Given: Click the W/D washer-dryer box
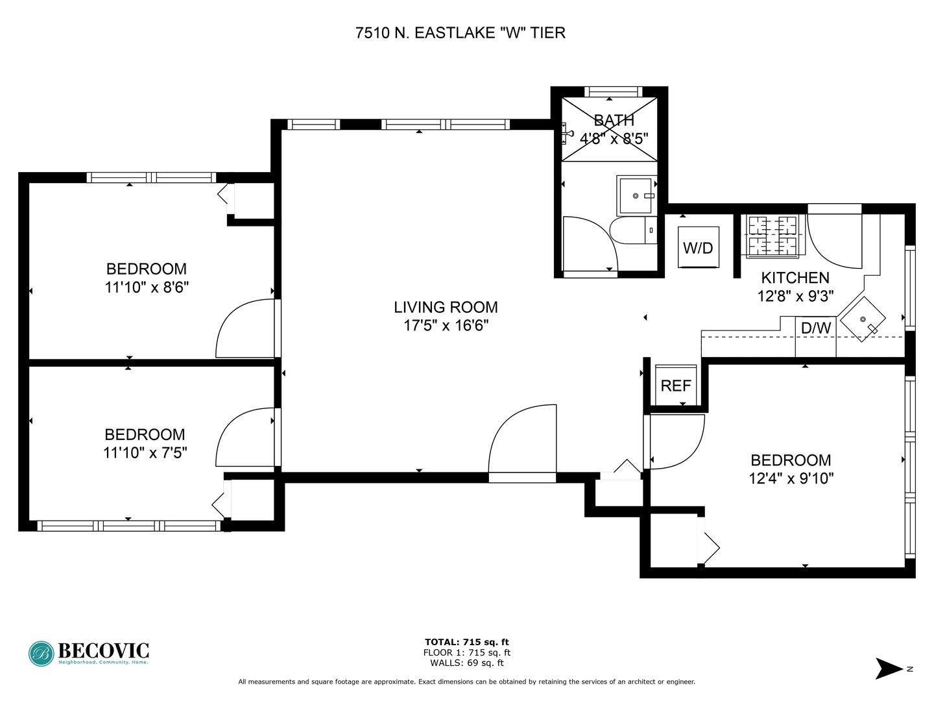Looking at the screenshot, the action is tap(698, 247).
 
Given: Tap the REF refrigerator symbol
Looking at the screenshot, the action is tap(675, 385).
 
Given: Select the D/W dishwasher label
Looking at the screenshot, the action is tap(816, 328).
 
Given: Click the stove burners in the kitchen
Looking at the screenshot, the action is tap(772, 236).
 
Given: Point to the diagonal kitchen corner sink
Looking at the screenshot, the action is tap(863, 319).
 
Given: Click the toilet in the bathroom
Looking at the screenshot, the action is tap(633, 230).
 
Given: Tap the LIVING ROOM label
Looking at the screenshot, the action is tap(446, 307).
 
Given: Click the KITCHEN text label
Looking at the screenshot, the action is tap(795, 278).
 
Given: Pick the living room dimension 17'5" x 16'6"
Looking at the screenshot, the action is tap(446, 326).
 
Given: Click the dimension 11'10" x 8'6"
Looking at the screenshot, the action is tap(147, 288).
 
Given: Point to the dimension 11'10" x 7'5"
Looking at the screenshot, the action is tap(145, 452).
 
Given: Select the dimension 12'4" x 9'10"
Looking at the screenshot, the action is tap(791, 478).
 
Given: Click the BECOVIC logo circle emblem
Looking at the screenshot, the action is tap(42, 654).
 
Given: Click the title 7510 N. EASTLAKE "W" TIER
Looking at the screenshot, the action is tap(461, 32).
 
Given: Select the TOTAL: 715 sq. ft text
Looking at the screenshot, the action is tap(467, 642).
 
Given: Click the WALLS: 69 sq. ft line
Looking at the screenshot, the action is tap(467, 663).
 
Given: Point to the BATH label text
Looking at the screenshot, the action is tap(614, 121).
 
